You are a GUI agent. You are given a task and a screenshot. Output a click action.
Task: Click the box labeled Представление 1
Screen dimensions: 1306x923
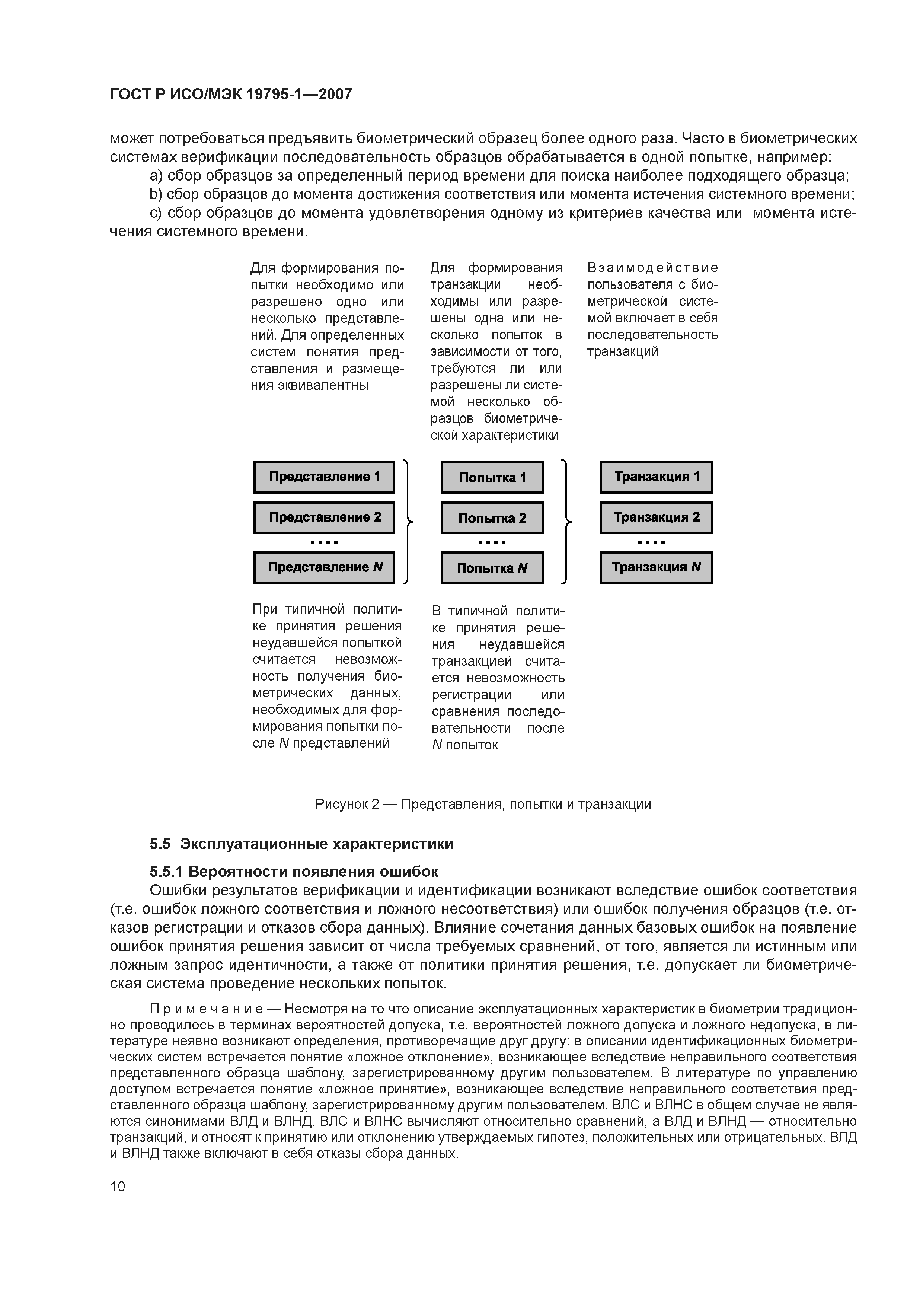323,477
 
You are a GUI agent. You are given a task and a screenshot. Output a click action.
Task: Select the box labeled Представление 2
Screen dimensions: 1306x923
323,517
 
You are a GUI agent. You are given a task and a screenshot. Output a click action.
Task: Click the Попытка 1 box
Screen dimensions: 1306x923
492,477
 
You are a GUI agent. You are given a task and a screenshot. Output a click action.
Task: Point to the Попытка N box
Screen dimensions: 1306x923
492,568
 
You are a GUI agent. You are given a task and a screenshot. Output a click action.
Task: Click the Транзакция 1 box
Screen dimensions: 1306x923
656,477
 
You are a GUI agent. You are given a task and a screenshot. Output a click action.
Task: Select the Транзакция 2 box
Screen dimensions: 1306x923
656,517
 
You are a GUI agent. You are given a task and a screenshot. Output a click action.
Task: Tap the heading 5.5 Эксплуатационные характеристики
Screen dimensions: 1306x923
301,844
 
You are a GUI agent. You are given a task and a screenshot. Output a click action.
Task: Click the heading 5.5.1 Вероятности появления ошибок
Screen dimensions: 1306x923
294,872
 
